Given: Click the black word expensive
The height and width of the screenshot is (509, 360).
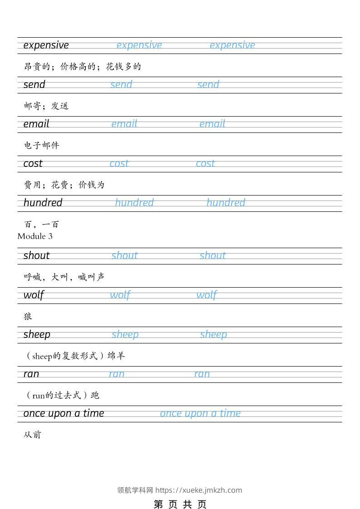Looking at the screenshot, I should pos(46,45).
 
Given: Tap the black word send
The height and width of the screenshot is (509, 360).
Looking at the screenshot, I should pos(35,85).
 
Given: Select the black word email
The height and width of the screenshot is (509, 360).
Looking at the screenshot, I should pos(36,124).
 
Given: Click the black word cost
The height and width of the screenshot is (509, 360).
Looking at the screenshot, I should pos(33,163).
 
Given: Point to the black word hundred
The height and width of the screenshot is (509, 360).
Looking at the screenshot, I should pos(43,203).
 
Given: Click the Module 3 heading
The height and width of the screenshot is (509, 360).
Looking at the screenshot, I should pos(35,236).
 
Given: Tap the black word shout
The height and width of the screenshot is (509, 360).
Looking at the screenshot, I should pos(36,255).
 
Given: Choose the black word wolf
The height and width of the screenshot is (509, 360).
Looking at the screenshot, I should pos(34,295).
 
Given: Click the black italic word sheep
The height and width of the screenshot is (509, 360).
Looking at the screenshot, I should pos(37,334).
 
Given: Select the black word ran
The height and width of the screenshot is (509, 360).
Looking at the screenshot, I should pos(31,374).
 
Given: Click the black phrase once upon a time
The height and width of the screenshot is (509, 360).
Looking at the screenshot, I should pos(64,413).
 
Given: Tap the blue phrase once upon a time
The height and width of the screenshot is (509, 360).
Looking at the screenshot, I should pos(200,413).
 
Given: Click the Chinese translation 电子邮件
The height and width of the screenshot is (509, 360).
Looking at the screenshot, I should pos(41,146).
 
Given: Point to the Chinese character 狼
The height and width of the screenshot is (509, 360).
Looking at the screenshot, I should pos(28,316).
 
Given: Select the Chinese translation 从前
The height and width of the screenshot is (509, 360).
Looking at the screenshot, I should pos(32,435).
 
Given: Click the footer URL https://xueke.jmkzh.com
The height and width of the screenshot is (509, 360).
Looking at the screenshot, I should pos(198,490).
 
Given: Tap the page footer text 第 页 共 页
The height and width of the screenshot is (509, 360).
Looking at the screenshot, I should pos(180,504).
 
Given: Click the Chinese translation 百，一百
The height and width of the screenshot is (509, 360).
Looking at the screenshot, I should pos(41,224).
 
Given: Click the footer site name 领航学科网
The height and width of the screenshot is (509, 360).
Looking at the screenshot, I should pos(135,490).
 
